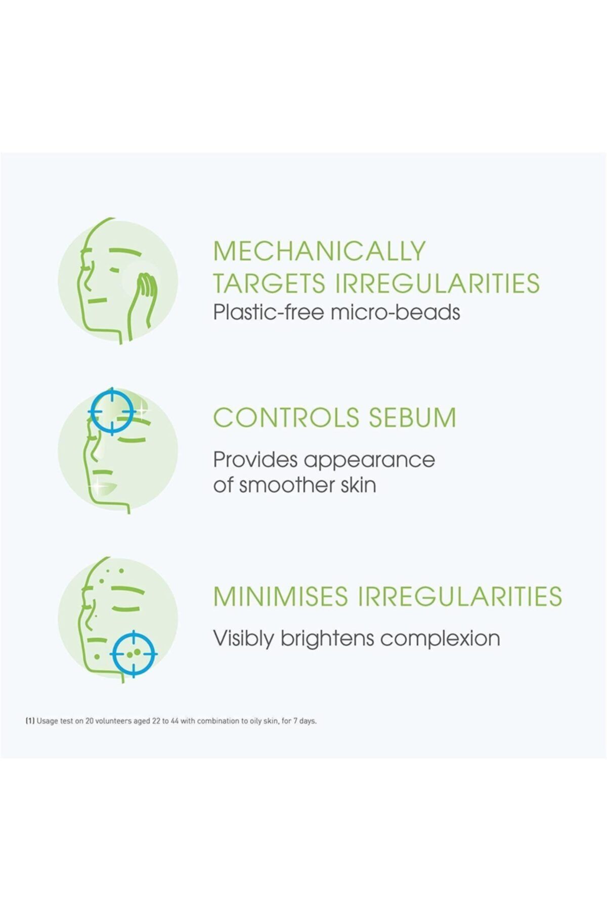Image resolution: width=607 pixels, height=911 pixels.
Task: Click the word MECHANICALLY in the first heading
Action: click(x=320, y=251)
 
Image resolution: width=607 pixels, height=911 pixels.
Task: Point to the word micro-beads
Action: click(x=395, y=312)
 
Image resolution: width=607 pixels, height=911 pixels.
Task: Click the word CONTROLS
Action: click(x=287, y=418)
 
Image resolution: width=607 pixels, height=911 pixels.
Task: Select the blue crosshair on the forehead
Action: click(x=111, y=412)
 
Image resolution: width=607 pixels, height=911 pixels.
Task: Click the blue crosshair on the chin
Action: click(x=133, y=654)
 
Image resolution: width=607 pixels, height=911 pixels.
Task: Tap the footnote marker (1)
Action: click(x=29, y=721)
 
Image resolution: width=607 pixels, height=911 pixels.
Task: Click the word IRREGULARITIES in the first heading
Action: click(x=438, y=283)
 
